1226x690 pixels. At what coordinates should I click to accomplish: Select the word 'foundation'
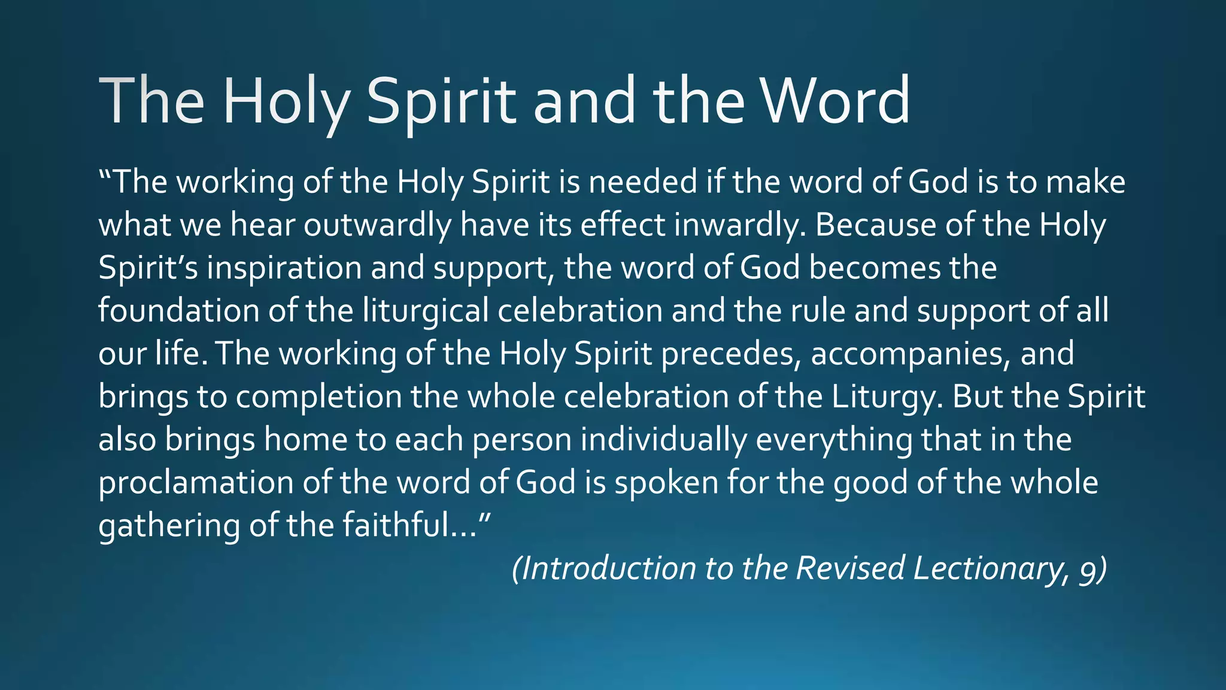click(x=178, y=311)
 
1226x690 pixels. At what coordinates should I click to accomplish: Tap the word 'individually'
click(x=663, y=440)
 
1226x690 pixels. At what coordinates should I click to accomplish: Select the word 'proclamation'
click(x=196, y=483)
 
